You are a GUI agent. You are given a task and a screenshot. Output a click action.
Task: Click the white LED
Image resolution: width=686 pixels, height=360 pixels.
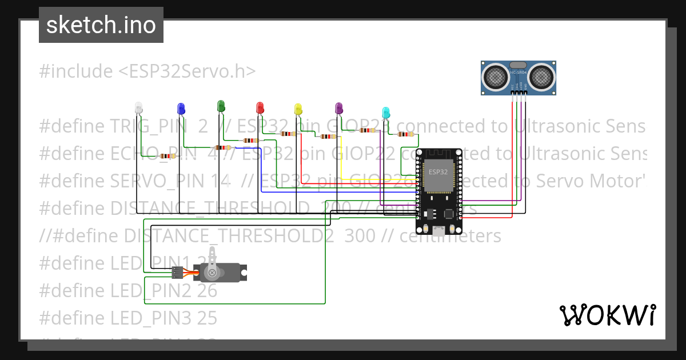tap(138, 107)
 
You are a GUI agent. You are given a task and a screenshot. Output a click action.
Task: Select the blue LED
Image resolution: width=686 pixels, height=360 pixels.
tap(181, 108)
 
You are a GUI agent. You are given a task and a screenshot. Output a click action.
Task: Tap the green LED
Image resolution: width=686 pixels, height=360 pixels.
tap(221, 105)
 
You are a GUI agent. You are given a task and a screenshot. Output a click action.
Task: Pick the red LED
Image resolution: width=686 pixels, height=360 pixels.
tap(260, 107)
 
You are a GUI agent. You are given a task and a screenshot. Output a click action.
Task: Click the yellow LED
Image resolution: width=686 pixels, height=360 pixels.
tap(297, 109)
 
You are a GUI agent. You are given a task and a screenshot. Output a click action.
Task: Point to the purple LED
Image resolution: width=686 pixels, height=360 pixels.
tap(338, 107)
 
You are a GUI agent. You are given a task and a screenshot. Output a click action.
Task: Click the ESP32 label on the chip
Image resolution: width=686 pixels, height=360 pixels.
tap(438, 171)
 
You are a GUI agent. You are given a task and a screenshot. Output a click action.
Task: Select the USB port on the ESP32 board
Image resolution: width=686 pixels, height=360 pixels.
tap(439, 231)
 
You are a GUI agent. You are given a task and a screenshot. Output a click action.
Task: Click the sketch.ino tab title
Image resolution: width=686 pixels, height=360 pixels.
tap(101, 25)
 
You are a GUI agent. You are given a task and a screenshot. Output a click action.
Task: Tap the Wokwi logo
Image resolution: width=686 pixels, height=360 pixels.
tap(607, 315)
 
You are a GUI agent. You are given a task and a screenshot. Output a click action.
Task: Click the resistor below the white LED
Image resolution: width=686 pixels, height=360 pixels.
tap(167, 156)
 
